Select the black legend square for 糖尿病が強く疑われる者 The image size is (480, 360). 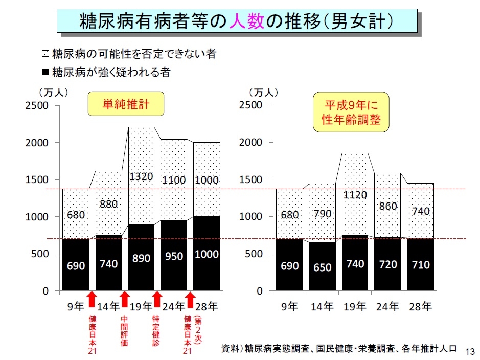click(45, 72)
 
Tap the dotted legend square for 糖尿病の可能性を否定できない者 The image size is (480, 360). click(45, 53)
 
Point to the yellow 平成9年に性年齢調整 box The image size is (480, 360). click(351, 113)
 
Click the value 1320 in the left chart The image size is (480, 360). click(141, 177)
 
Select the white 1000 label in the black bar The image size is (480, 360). click(207, 254)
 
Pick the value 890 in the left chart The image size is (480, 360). click(141, 258)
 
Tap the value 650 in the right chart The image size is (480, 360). click(323, 267)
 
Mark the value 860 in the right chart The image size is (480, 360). click(388, 207)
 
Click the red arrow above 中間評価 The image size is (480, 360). click(124, 299)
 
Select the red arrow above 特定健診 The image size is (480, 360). click(157, 299)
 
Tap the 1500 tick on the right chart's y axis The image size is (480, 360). click(250, 179)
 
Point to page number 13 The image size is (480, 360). click(470, 351)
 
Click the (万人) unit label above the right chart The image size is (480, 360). click(263, 93)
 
